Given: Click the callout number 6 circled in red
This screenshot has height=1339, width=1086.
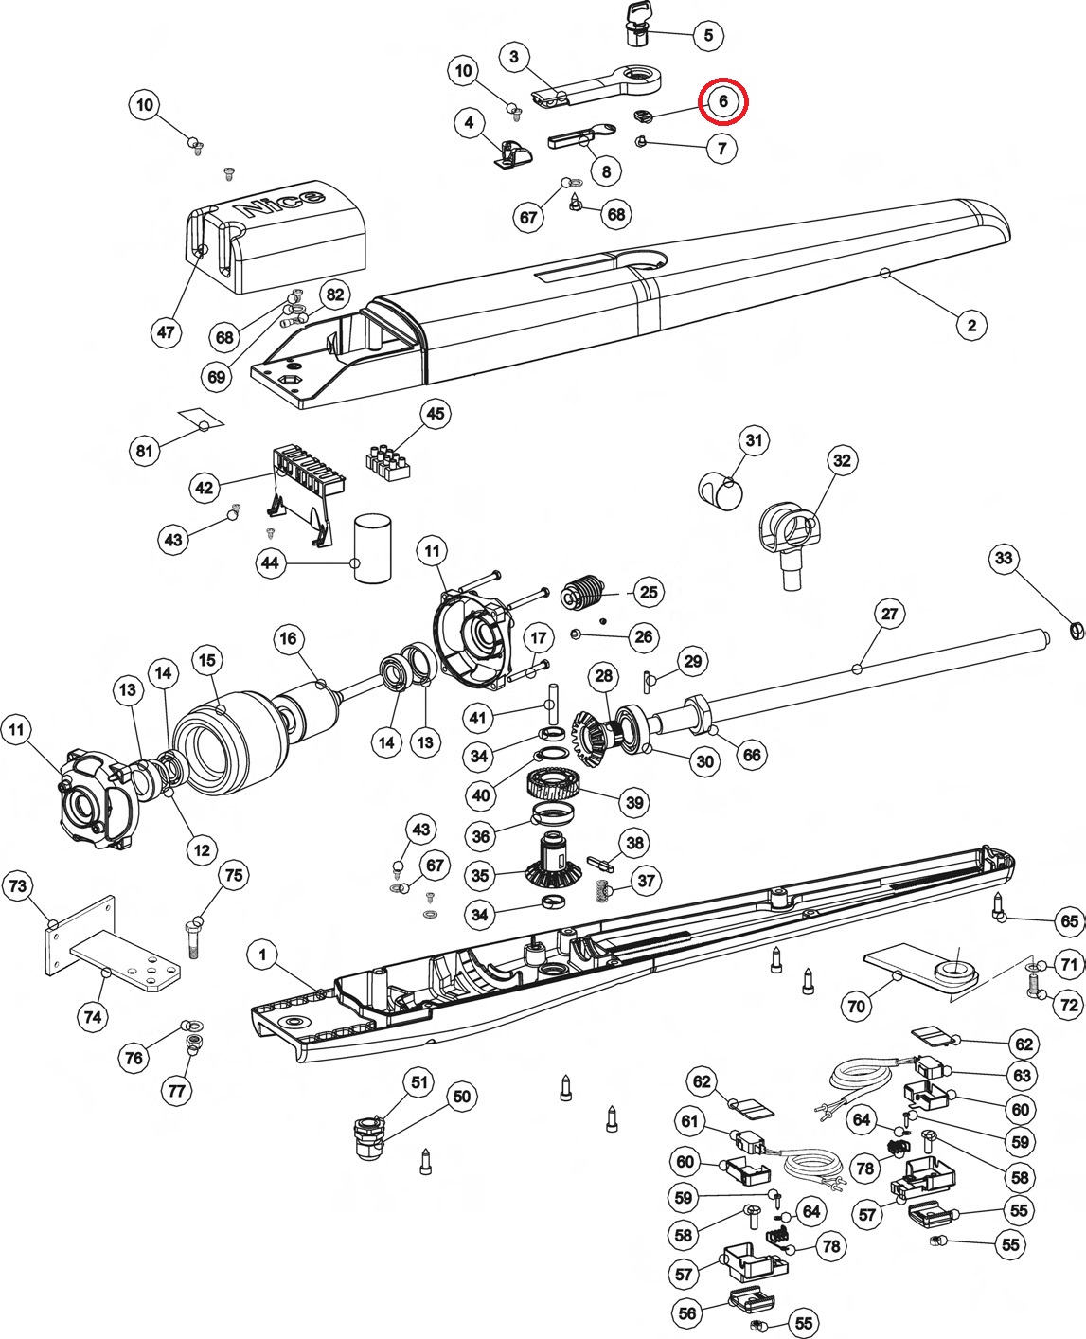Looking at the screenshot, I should point(722,101).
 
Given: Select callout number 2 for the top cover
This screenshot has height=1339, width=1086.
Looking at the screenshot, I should point(970,326).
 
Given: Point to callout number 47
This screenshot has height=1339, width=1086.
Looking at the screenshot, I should point(167,331).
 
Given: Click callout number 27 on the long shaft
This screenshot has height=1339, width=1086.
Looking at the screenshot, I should point(889,614).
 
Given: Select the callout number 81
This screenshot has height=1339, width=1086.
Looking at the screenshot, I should point(144,451).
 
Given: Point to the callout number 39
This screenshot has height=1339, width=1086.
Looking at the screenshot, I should point(633,802).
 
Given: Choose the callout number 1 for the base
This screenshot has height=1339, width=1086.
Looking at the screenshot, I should point(262,955).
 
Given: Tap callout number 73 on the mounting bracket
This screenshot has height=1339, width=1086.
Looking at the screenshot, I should point(18,886).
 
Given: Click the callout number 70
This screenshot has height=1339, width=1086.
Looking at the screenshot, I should point(856,1006).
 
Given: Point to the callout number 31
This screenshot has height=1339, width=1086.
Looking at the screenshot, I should point(753,440).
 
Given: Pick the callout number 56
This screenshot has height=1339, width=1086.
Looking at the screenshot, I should point(688,1312).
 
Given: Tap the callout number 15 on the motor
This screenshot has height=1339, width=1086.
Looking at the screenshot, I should point(206,659).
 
